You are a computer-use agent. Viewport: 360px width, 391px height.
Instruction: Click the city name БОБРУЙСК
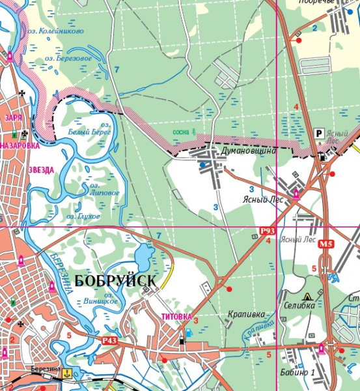[115, 281]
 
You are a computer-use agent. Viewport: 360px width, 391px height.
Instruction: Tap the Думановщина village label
[249, 151]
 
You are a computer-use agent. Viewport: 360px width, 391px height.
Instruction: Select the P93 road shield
[267, 231]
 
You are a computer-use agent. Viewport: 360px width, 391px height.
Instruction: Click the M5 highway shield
[326, 244]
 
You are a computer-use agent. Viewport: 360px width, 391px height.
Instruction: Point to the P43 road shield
[109, 340]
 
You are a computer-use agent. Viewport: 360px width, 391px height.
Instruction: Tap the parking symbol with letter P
[319, 133]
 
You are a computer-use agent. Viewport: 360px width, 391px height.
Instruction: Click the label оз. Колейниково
[54, 30]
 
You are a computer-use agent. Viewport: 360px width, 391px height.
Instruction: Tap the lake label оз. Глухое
[83, 215]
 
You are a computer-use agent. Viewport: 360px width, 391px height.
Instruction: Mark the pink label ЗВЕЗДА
[41, 170]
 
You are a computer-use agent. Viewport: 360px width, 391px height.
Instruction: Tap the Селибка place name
[299, 305]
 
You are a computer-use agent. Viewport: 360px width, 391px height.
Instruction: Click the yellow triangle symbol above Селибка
[309, 295]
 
